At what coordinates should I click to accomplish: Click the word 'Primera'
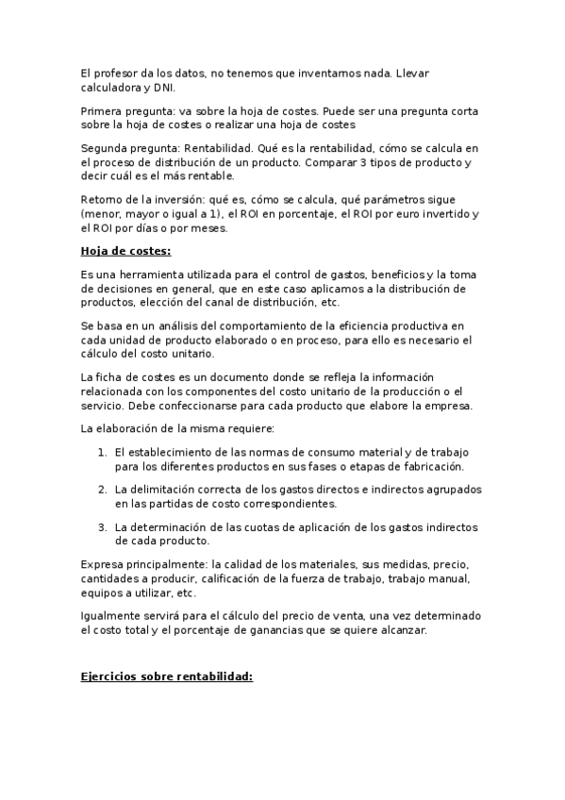102,110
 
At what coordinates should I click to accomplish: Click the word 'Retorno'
103,200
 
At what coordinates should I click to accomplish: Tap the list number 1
102,452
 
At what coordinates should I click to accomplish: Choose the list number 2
102,490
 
